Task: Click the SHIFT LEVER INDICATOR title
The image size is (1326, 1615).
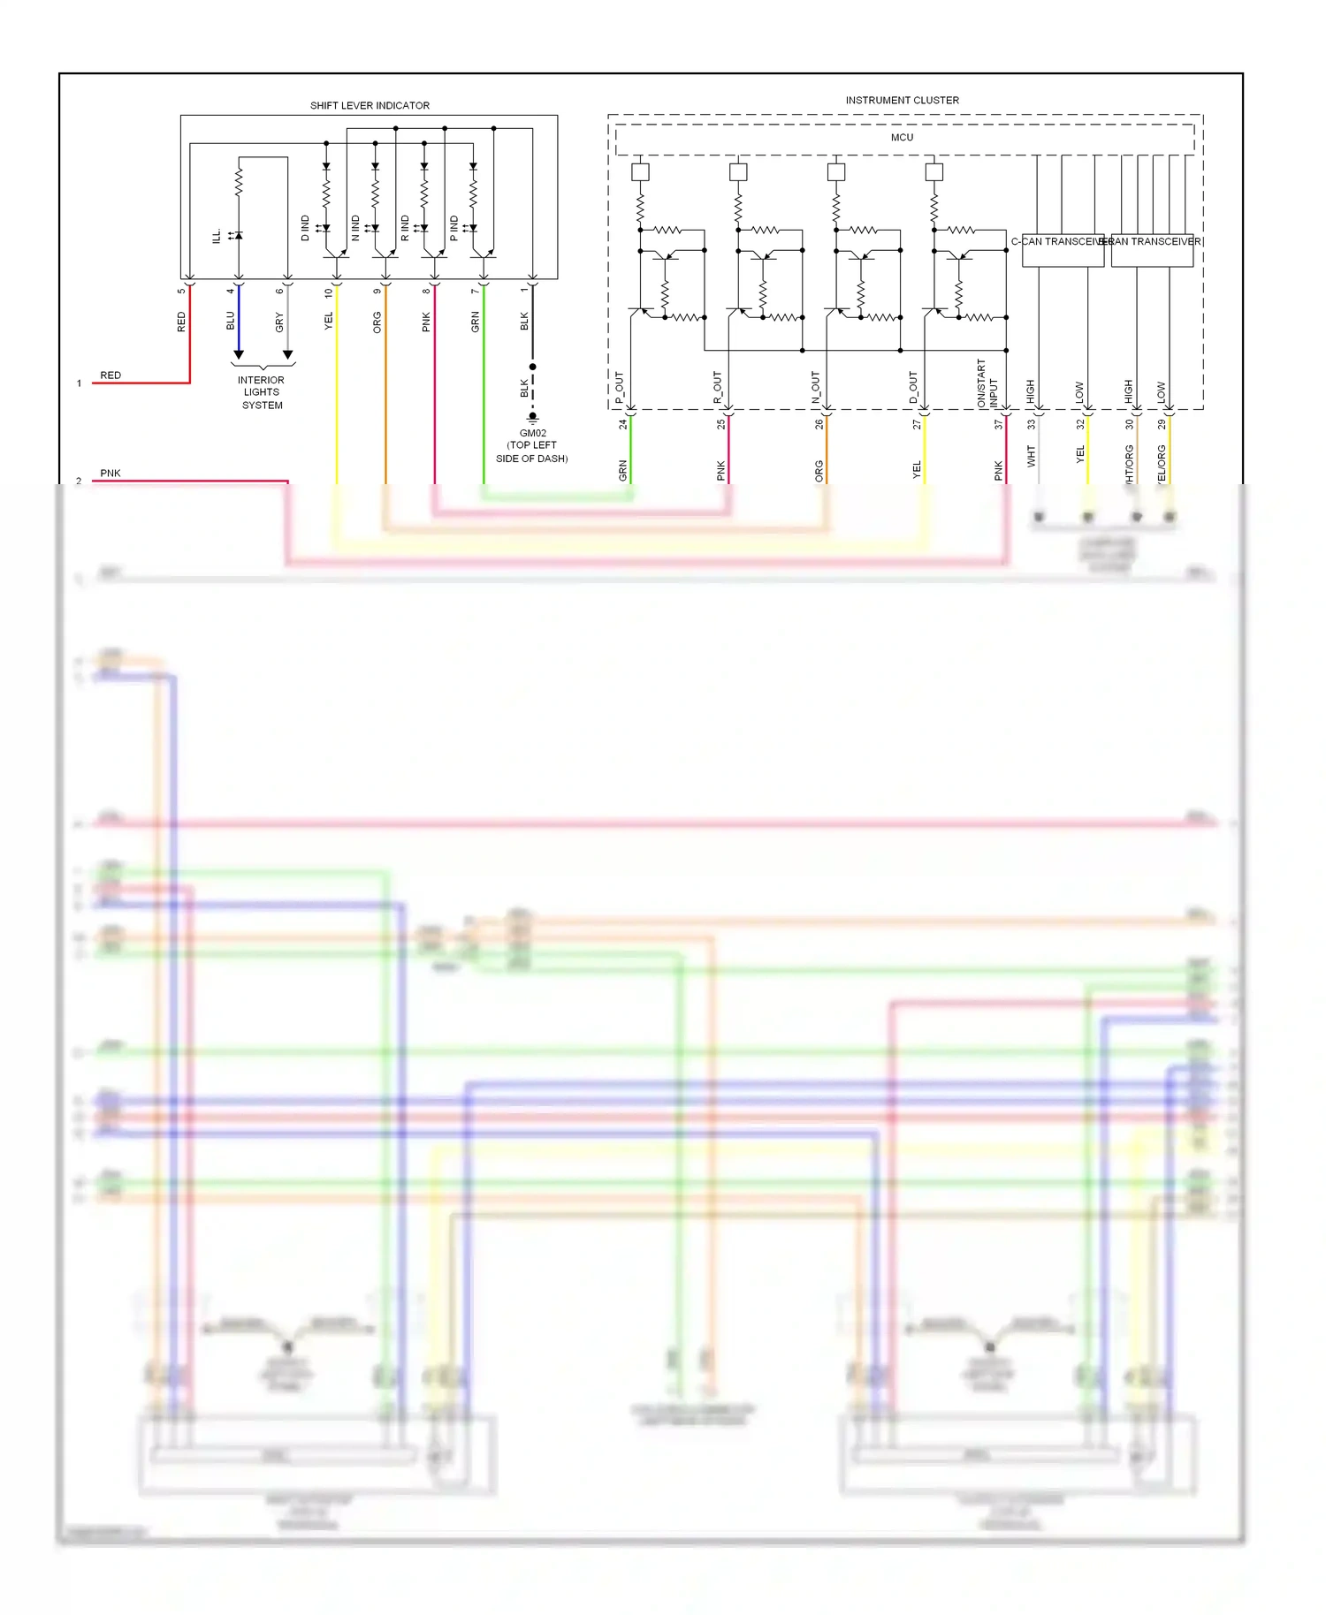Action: point(370,106)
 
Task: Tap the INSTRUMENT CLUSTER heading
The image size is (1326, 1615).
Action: point(902,101)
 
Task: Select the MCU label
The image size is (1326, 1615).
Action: point(902,138)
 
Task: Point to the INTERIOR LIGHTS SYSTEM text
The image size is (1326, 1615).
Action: point(262,392)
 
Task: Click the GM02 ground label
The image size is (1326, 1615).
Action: point(532,434)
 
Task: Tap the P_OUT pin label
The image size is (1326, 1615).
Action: point(620,388)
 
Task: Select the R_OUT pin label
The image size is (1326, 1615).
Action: point(718,388)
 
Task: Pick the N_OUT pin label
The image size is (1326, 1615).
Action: point(816,388)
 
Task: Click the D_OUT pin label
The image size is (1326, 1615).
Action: point(914,388)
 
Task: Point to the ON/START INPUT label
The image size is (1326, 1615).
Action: point(987,383)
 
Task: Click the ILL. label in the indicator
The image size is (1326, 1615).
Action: point(217,236)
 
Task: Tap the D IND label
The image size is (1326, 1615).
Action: point(306,228)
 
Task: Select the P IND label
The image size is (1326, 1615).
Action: point(454,228)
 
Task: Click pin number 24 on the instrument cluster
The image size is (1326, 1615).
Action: point(623,424)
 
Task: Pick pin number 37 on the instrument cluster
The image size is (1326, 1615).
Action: point(999,424)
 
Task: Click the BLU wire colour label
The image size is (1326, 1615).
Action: point(231,321)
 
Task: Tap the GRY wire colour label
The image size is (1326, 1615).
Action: point(279,322)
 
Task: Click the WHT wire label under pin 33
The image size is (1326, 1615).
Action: point(1031,456)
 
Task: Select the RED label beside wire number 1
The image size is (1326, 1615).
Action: point(110,375)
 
